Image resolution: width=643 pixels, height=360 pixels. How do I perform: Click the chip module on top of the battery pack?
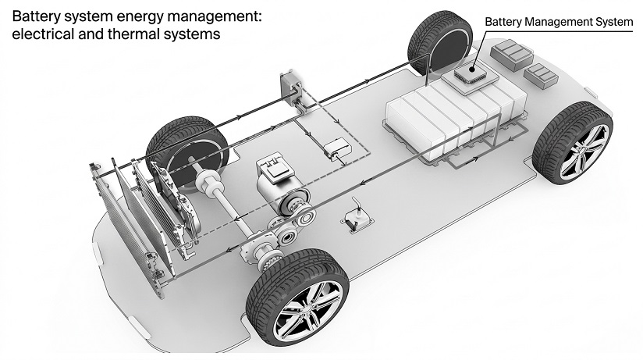(x=470, y=76)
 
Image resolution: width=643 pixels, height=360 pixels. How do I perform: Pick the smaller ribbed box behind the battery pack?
(x=541, y=76)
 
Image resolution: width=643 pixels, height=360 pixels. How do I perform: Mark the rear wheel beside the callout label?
(x=440, y=42)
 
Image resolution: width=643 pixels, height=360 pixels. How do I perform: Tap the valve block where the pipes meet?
(x=290, y=87)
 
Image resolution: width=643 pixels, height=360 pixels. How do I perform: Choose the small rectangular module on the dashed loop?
(x=337, y=148)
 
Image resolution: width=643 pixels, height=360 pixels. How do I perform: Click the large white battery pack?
(x=455, y=118)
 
